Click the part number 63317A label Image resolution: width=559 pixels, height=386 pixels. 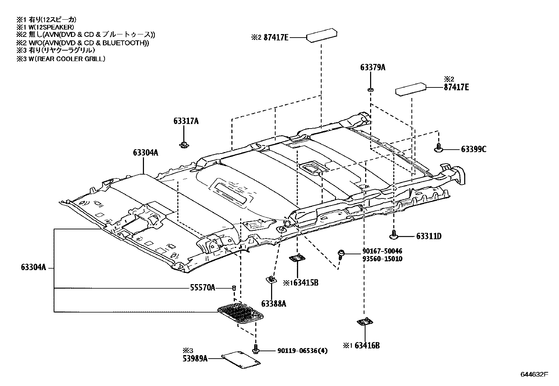click(186, 122)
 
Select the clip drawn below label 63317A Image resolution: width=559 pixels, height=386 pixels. click(183, 144)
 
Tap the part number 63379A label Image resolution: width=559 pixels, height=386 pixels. click(372, 67)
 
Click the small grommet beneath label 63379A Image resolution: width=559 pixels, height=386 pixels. click(370, 90)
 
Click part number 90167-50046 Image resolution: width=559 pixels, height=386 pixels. click(382, 251)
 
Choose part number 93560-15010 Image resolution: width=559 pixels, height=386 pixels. click(382, 259)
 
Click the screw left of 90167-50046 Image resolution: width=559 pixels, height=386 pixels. click(341, 253)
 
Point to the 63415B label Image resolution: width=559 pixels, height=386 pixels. click(305, 282)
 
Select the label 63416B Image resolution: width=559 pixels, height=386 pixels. click(367, 346)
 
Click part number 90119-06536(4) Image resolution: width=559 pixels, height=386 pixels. click(302, 351)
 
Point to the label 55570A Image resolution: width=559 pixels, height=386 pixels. click(202, 288)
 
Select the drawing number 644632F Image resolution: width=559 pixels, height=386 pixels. click(534, 374)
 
